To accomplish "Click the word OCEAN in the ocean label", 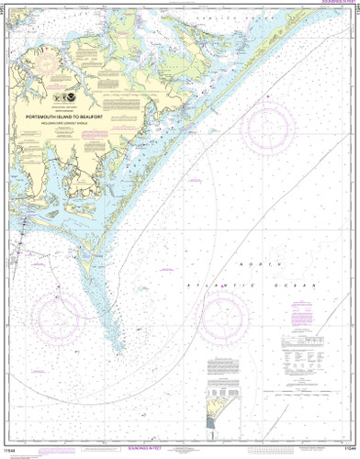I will (297, 286).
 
